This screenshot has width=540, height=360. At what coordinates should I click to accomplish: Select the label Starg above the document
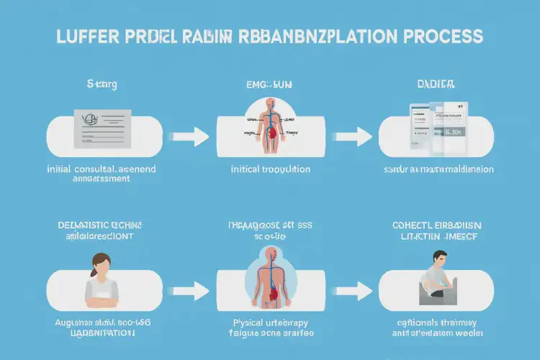[102, 84]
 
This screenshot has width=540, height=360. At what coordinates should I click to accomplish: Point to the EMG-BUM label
[269, 84]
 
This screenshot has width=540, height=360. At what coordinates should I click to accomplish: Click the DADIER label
[436, 84]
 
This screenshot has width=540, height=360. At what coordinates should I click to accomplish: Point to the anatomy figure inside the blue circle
[270, 275]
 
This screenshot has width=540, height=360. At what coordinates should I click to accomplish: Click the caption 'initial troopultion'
[270, 169]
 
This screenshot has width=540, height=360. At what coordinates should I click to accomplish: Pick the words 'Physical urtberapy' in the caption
[270, 323]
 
